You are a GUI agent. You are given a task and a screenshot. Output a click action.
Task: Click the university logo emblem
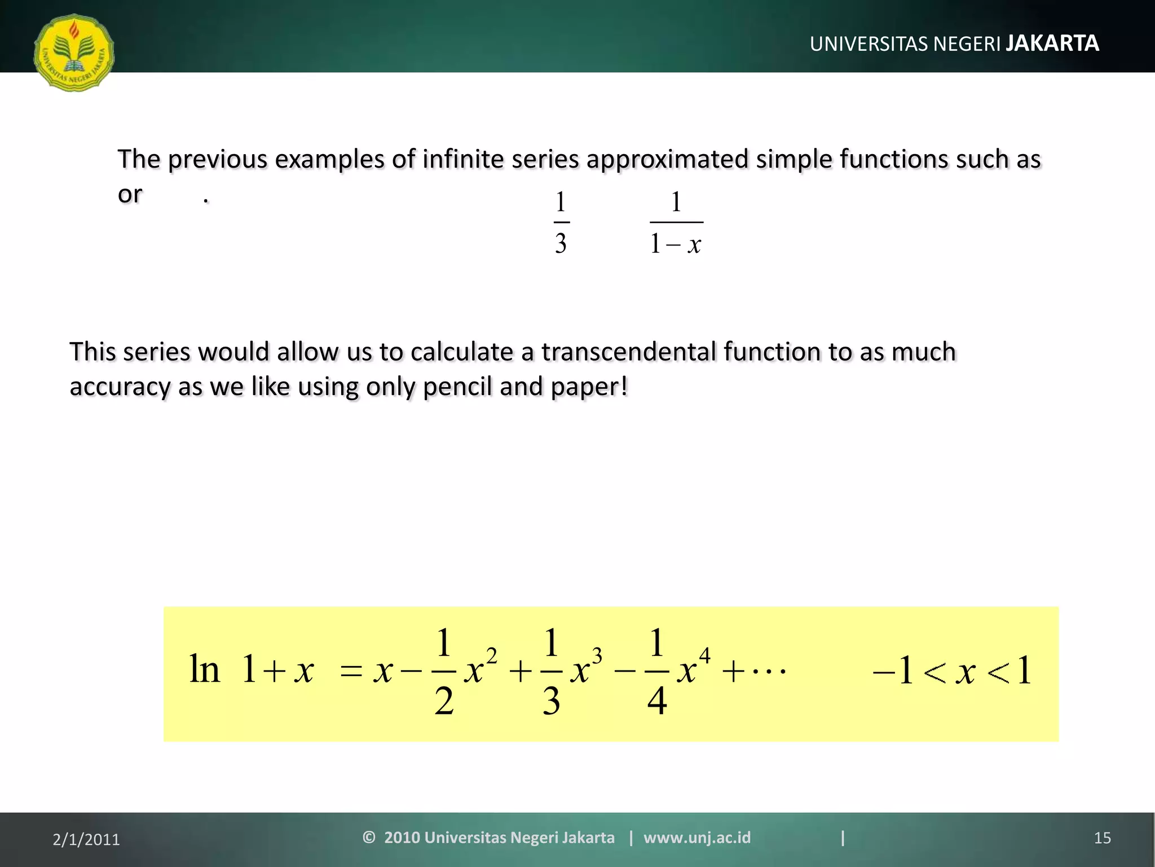tap(74, 53)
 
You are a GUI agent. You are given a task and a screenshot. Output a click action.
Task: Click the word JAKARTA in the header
tap(1052, 43)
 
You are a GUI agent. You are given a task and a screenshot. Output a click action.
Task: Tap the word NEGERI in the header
tap(967, 44)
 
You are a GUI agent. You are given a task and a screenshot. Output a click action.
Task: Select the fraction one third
tap(561, 223)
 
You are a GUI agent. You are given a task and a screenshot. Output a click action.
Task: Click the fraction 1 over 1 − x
tap(676, 223)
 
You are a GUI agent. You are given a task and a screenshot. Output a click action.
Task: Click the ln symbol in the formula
tap(204, 670)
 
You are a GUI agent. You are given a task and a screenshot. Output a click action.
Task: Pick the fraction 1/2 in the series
tap(444, 672)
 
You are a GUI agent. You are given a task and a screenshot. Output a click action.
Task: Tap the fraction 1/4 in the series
tap(656, 672)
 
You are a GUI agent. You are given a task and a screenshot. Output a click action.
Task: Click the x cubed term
tap(585, 669)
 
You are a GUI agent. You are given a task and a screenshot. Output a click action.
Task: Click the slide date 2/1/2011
tap(86, 839)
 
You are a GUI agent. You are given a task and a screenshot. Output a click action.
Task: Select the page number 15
tap(1102, 838)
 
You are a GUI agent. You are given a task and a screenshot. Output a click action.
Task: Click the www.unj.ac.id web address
tap(697, 838)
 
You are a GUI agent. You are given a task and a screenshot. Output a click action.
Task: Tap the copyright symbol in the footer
tap(369, 837)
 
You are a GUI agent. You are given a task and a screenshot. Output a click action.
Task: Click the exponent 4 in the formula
tap(704, 656)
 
